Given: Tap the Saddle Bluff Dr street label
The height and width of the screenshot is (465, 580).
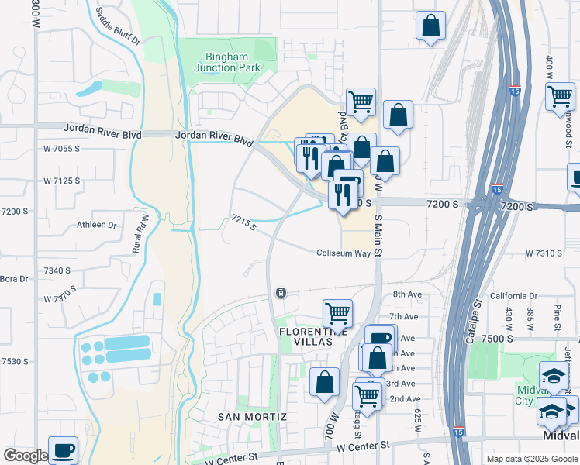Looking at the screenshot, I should click(118, 26).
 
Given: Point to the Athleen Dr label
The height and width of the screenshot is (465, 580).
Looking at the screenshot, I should click(96, 226).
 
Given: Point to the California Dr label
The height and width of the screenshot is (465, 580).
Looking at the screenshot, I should click(513, 296).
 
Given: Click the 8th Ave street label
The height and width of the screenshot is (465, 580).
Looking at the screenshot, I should click(406, 294).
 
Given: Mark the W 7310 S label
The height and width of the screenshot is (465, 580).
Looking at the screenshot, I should click(543, 253).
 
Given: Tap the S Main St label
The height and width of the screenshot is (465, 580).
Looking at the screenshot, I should click(379, 236).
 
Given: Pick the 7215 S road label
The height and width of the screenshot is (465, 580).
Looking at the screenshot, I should click(243, 224).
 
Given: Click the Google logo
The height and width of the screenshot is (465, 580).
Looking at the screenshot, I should click(26, 456).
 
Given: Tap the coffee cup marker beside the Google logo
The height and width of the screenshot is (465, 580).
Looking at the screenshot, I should click(63, 449).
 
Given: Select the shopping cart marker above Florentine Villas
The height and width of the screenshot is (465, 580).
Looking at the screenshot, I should click(337, 312).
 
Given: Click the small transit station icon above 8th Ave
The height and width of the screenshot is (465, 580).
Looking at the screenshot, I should click(280, 293).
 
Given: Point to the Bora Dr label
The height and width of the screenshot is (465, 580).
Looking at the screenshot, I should click(14, 279).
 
